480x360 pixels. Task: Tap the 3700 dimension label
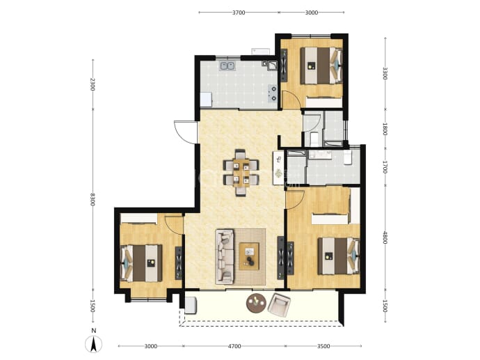point(239,13)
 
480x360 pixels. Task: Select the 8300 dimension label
point(93,199)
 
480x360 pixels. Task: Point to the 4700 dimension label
point(234,346)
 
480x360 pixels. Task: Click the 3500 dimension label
point(323,346)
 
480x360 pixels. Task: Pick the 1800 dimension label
point(385,130)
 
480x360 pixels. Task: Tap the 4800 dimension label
point(385,237)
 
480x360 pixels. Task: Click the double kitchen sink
point(227,66)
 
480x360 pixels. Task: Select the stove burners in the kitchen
point(272,93)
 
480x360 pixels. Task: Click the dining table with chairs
point(241,172)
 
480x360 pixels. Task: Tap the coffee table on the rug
point(249,256)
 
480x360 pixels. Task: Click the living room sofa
point(225,257)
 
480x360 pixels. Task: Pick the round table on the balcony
point(256,303)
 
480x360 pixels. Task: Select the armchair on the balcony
point(279,305)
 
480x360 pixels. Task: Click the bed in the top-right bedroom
point(321,65)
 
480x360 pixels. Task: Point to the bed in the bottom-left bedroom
point(141,263)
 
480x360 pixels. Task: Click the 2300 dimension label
point(93,84)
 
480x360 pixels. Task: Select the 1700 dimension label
point(385,167)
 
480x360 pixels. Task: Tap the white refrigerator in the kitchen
point(206,100)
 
